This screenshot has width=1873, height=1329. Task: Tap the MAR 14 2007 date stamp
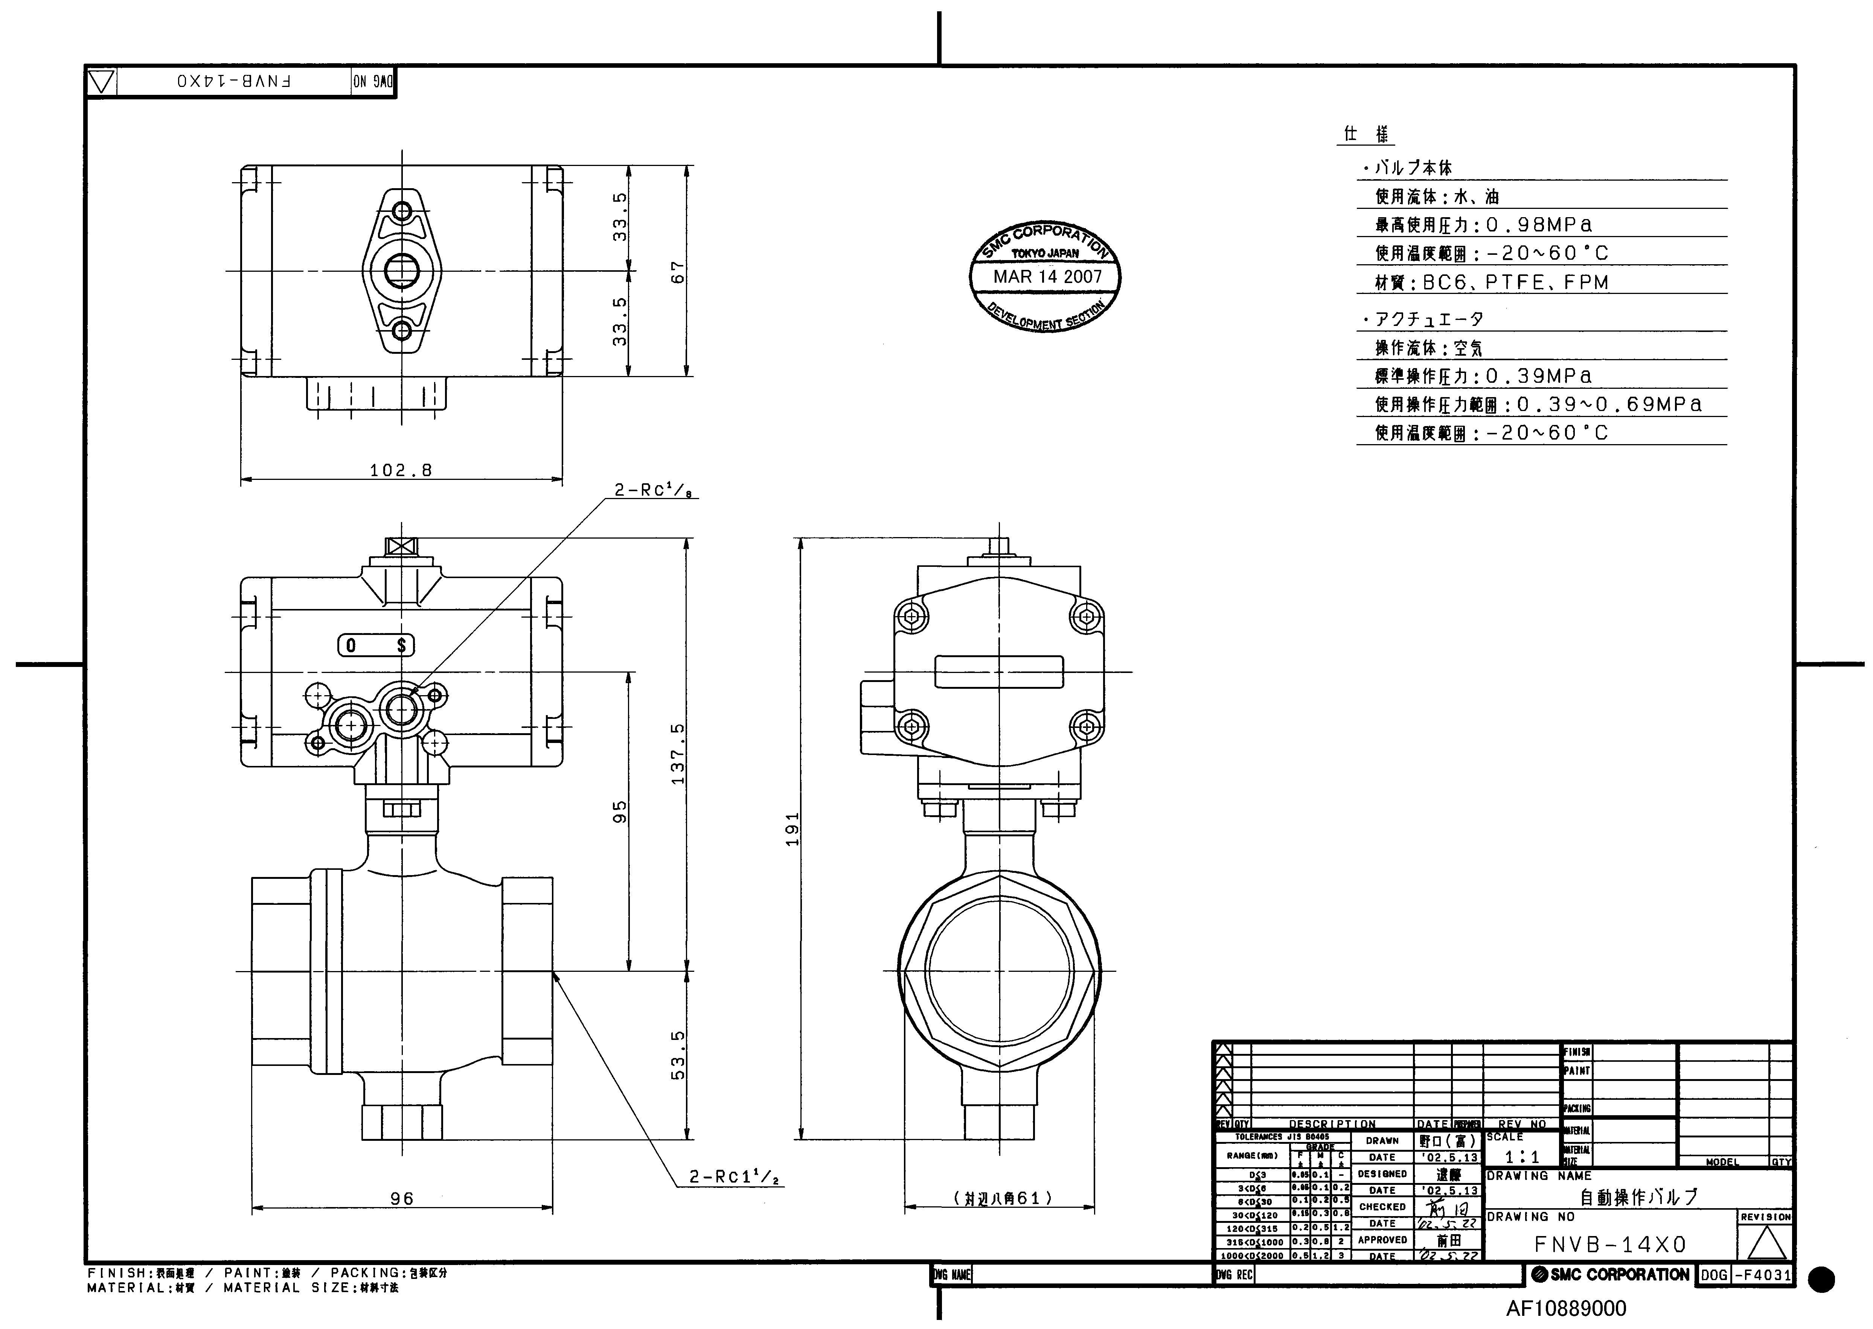[x=1047, y=277]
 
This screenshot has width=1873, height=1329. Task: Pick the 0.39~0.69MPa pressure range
[x=1609, y=404]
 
